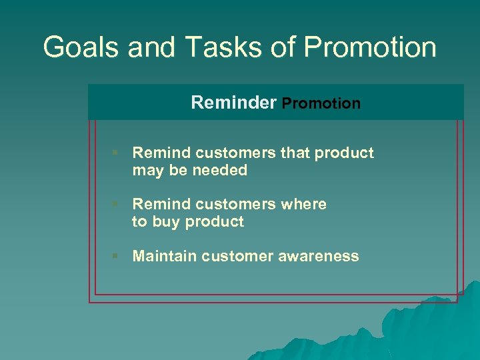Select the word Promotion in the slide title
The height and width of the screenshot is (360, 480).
[371, 47]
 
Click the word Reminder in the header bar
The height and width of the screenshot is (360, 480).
[233, 103]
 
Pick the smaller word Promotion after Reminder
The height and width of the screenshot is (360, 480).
[321, 104]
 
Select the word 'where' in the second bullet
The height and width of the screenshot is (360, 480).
[304, 204]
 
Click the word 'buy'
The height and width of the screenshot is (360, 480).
[166, 222]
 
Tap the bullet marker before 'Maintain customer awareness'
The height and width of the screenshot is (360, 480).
[115, 256]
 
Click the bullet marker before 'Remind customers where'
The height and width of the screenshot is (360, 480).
[115, 204]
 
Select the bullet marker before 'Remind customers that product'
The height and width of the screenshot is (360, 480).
[115, 153]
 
